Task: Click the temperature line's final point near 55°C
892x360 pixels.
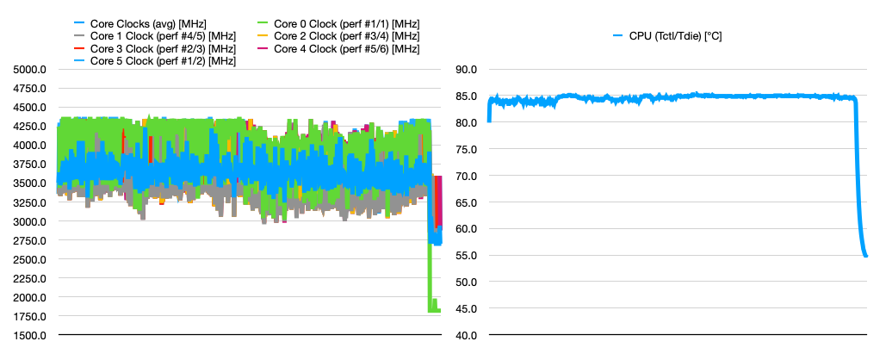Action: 865,255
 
